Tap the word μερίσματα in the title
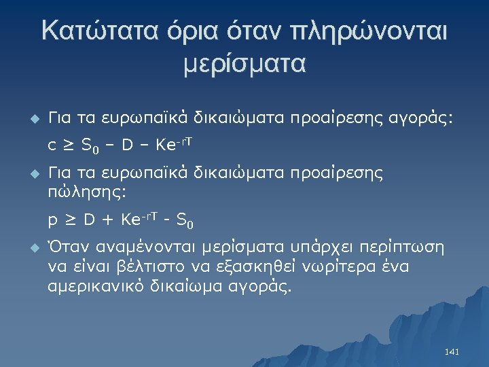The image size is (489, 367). [x=245, y=65]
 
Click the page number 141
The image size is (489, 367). [x=452, y=352]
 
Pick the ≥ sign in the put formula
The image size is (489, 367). [x=70, y=220]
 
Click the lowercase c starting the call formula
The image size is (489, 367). [x=52, y=145]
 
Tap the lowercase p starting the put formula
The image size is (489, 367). [x=52, y=221]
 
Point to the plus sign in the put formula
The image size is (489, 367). [x=107, y=220]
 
